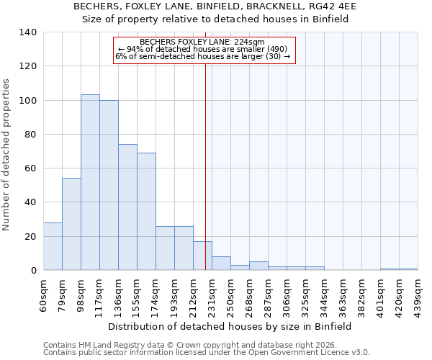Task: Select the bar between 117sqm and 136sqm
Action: point(109,185)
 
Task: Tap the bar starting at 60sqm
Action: point(53,246)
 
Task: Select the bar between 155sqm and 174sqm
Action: point(146,212)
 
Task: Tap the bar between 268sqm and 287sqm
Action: point(258,266)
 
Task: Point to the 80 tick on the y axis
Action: point(30,135)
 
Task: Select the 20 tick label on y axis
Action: point(30,237)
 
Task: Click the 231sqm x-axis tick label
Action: point(212,296)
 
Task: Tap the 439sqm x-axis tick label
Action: point(418,296)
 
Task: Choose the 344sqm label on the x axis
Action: point(324,296)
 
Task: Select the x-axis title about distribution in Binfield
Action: point(230,326)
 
